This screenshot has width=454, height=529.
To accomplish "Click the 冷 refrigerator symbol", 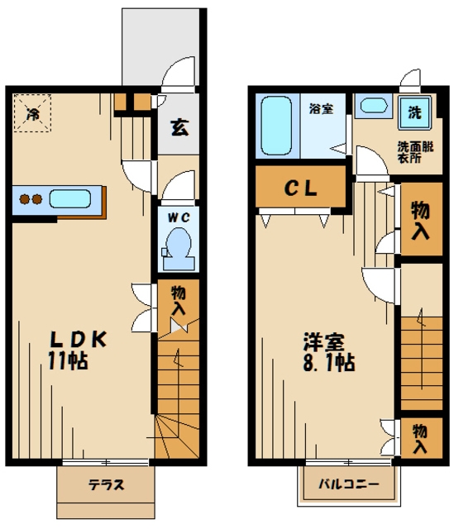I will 32,113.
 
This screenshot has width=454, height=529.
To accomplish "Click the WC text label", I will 177,218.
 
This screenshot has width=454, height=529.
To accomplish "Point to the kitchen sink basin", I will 69,199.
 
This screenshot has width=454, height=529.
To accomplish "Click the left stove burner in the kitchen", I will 24,199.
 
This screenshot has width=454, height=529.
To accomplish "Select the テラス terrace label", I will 106,485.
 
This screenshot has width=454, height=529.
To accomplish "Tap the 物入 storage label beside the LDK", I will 178,299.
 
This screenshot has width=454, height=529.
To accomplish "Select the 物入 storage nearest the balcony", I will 420,437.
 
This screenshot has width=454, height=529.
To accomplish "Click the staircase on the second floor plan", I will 422,360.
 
